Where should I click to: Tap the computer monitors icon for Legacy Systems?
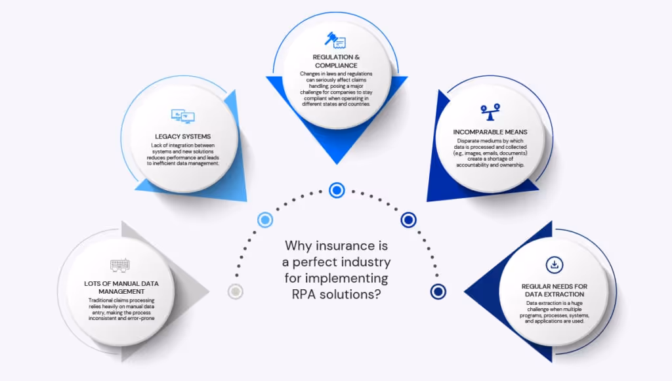[x=182, y=117]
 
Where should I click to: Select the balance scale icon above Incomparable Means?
[x=490, y=112]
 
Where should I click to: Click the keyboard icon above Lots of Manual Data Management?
[x=120, y=266]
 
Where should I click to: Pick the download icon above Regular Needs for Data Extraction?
[x=554, y=265]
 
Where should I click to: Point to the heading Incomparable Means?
[x=490, y=132]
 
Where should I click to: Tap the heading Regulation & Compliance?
[x=335, y=61]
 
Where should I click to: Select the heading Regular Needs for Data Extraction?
[x=554, y=291]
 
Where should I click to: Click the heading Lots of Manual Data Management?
[x=121, y=287]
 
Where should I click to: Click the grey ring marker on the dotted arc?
[x=235, y=292]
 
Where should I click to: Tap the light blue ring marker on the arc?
[x=265, y=220]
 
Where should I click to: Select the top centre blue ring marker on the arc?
[x=336, y=190]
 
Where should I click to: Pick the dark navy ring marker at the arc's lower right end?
[x=438, y=292]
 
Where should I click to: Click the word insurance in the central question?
[x=344, y=246]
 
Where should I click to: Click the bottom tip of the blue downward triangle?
[x=336, y=163]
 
